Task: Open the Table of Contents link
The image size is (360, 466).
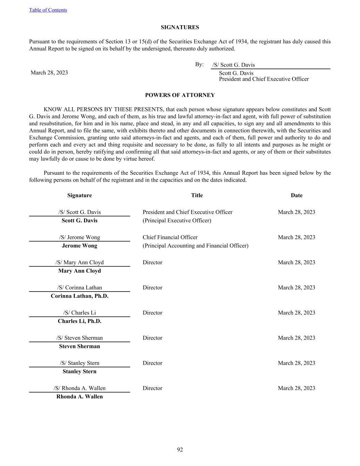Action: (48, 10)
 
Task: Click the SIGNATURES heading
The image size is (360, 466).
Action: (180, 27)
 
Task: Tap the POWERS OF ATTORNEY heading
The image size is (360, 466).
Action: (180, 95)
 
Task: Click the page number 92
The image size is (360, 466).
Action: (180, 450)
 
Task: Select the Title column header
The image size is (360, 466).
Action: (197, 195)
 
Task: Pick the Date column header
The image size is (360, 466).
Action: (297, 195)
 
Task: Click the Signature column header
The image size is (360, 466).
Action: (80, 195)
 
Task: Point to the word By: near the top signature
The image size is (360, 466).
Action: (199, 65)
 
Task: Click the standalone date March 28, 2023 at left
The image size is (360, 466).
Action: (49, 72)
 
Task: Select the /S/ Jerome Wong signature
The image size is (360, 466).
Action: (80, 237)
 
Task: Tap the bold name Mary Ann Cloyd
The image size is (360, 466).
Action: (80, 271)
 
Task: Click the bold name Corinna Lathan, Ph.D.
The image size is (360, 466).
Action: (80, 296)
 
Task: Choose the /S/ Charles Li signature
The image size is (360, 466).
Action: (80, 313)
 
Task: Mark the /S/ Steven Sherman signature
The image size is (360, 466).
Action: (80, 338)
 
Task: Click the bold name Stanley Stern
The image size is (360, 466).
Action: (80, 371)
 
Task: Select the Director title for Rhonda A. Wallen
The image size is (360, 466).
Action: (152, 388)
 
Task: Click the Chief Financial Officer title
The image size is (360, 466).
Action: (170, 237)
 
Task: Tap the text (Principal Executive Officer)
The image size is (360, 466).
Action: (177, 221)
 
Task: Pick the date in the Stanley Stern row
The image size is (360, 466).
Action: (297, 363)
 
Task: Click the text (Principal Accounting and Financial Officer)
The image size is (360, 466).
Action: (195, 246)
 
